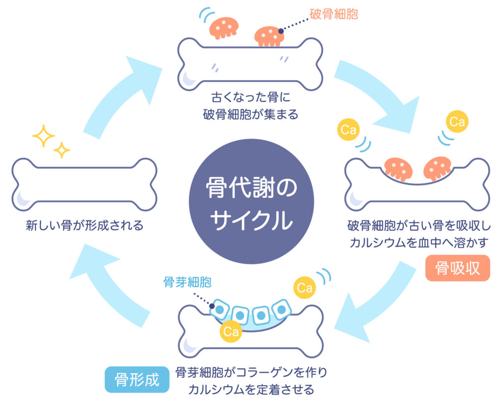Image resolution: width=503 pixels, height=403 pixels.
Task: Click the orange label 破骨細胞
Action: (334, 14)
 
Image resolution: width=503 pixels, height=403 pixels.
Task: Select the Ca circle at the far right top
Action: (457, 122)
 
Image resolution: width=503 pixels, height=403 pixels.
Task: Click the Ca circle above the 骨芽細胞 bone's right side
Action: (305, 288)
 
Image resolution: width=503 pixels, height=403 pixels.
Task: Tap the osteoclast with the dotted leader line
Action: (269, 35)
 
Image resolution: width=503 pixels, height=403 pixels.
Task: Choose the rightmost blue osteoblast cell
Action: (281, 309)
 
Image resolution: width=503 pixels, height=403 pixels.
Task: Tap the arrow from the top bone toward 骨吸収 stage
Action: (378, 96)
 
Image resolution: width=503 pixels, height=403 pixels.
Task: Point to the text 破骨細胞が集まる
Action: (251, 115)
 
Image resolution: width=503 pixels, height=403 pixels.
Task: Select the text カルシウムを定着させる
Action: (251, 390)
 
